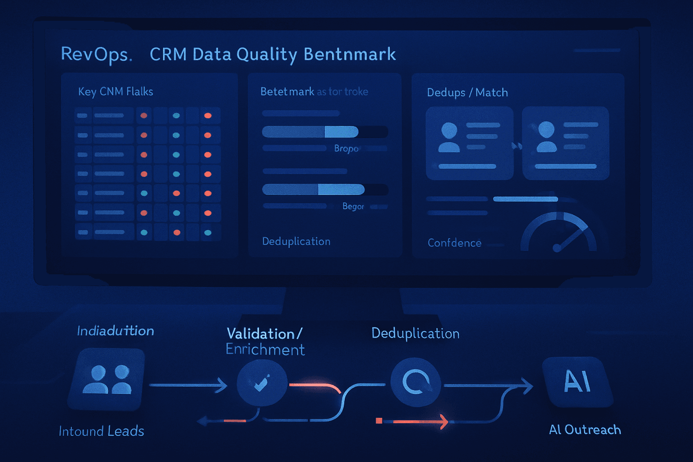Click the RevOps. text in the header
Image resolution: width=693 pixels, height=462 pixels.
(96, 55)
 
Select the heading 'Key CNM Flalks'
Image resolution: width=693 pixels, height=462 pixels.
(115, 92)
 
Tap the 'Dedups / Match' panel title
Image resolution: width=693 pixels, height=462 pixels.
(467, 92)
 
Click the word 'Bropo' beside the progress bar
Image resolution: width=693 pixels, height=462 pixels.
(346, 148)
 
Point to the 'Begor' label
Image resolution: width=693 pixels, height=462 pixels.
(353, 206)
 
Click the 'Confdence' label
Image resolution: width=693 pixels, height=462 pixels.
(454, 243)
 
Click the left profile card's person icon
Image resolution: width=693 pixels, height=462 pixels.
(449, 137)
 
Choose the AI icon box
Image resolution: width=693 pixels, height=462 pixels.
(577, 382)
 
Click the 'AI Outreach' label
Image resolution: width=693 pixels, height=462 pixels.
(585, 430)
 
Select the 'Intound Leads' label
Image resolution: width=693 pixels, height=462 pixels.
(102, 431)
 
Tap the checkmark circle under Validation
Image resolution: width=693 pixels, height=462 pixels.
(262, 383)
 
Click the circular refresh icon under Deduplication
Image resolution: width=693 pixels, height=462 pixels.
(416, 382)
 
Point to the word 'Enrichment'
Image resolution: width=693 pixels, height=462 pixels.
(265, 350)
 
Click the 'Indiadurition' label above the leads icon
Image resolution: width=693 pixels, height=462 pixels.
(115, 331)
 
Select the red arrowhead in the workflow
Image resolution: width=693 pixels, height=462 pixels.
(444, 421)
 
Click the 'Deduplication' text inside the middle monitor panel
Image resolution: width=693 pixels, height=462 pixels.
(296, 241)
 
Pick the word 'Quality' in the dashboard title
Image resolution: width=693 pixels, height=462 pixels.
(267, 55)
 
